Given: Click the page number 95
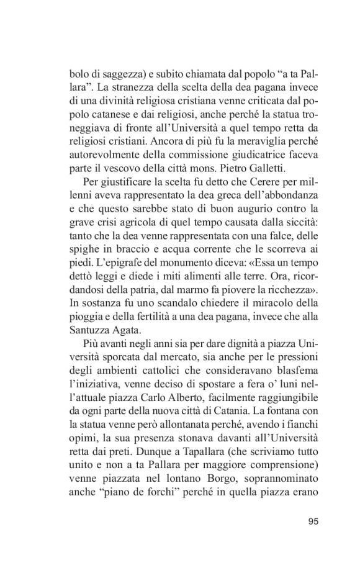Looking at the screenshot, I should pyautogui.click(x=312, y=520).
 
